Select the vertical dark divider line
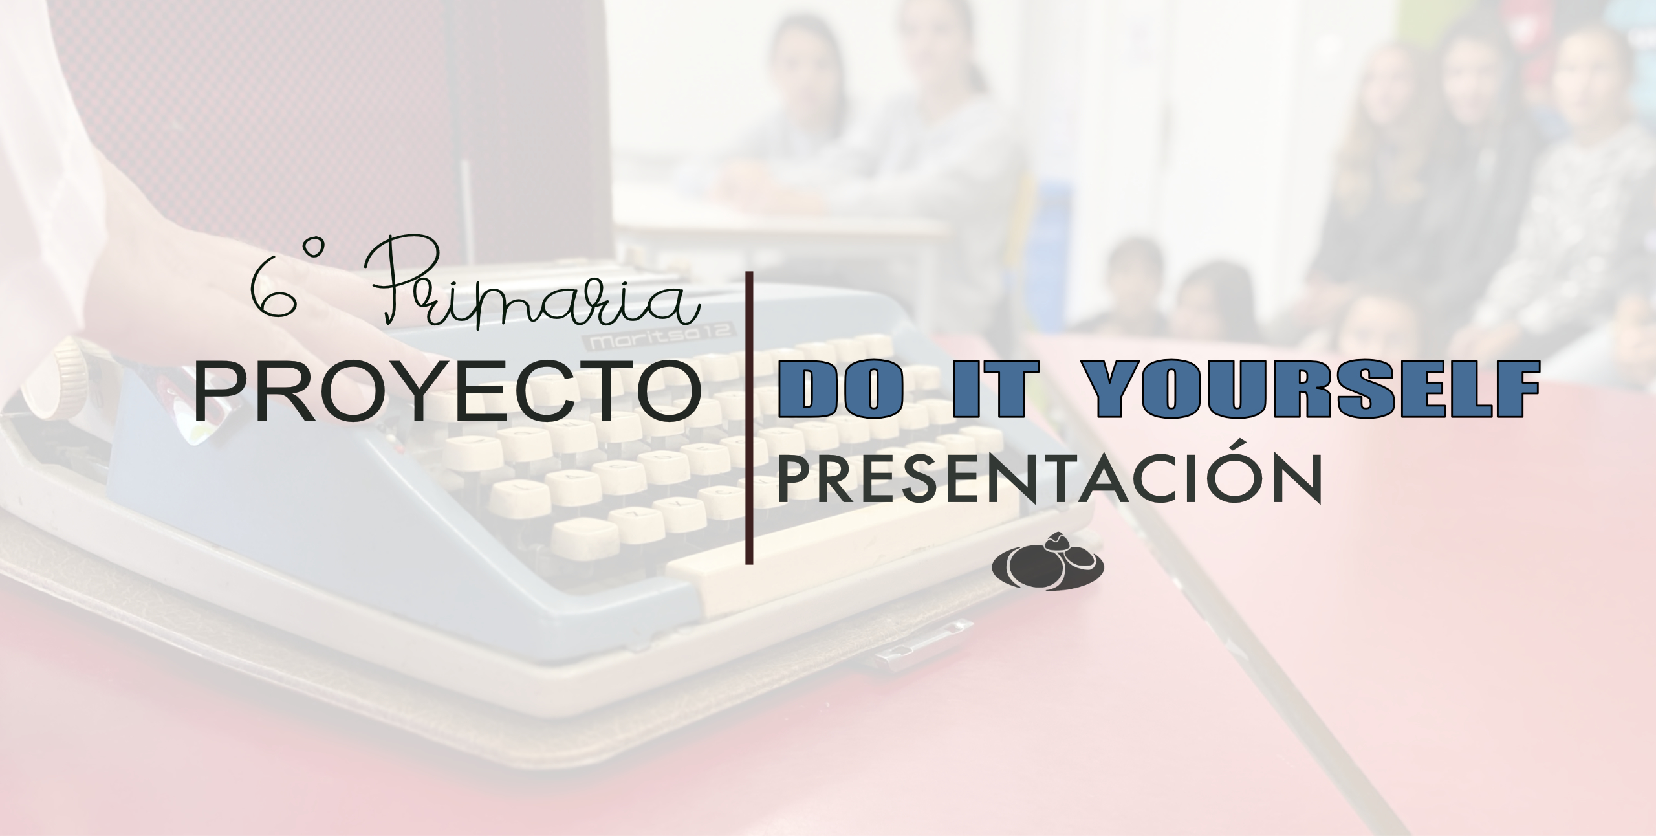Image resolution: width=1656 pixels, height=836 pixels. [x=749, y=417]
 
